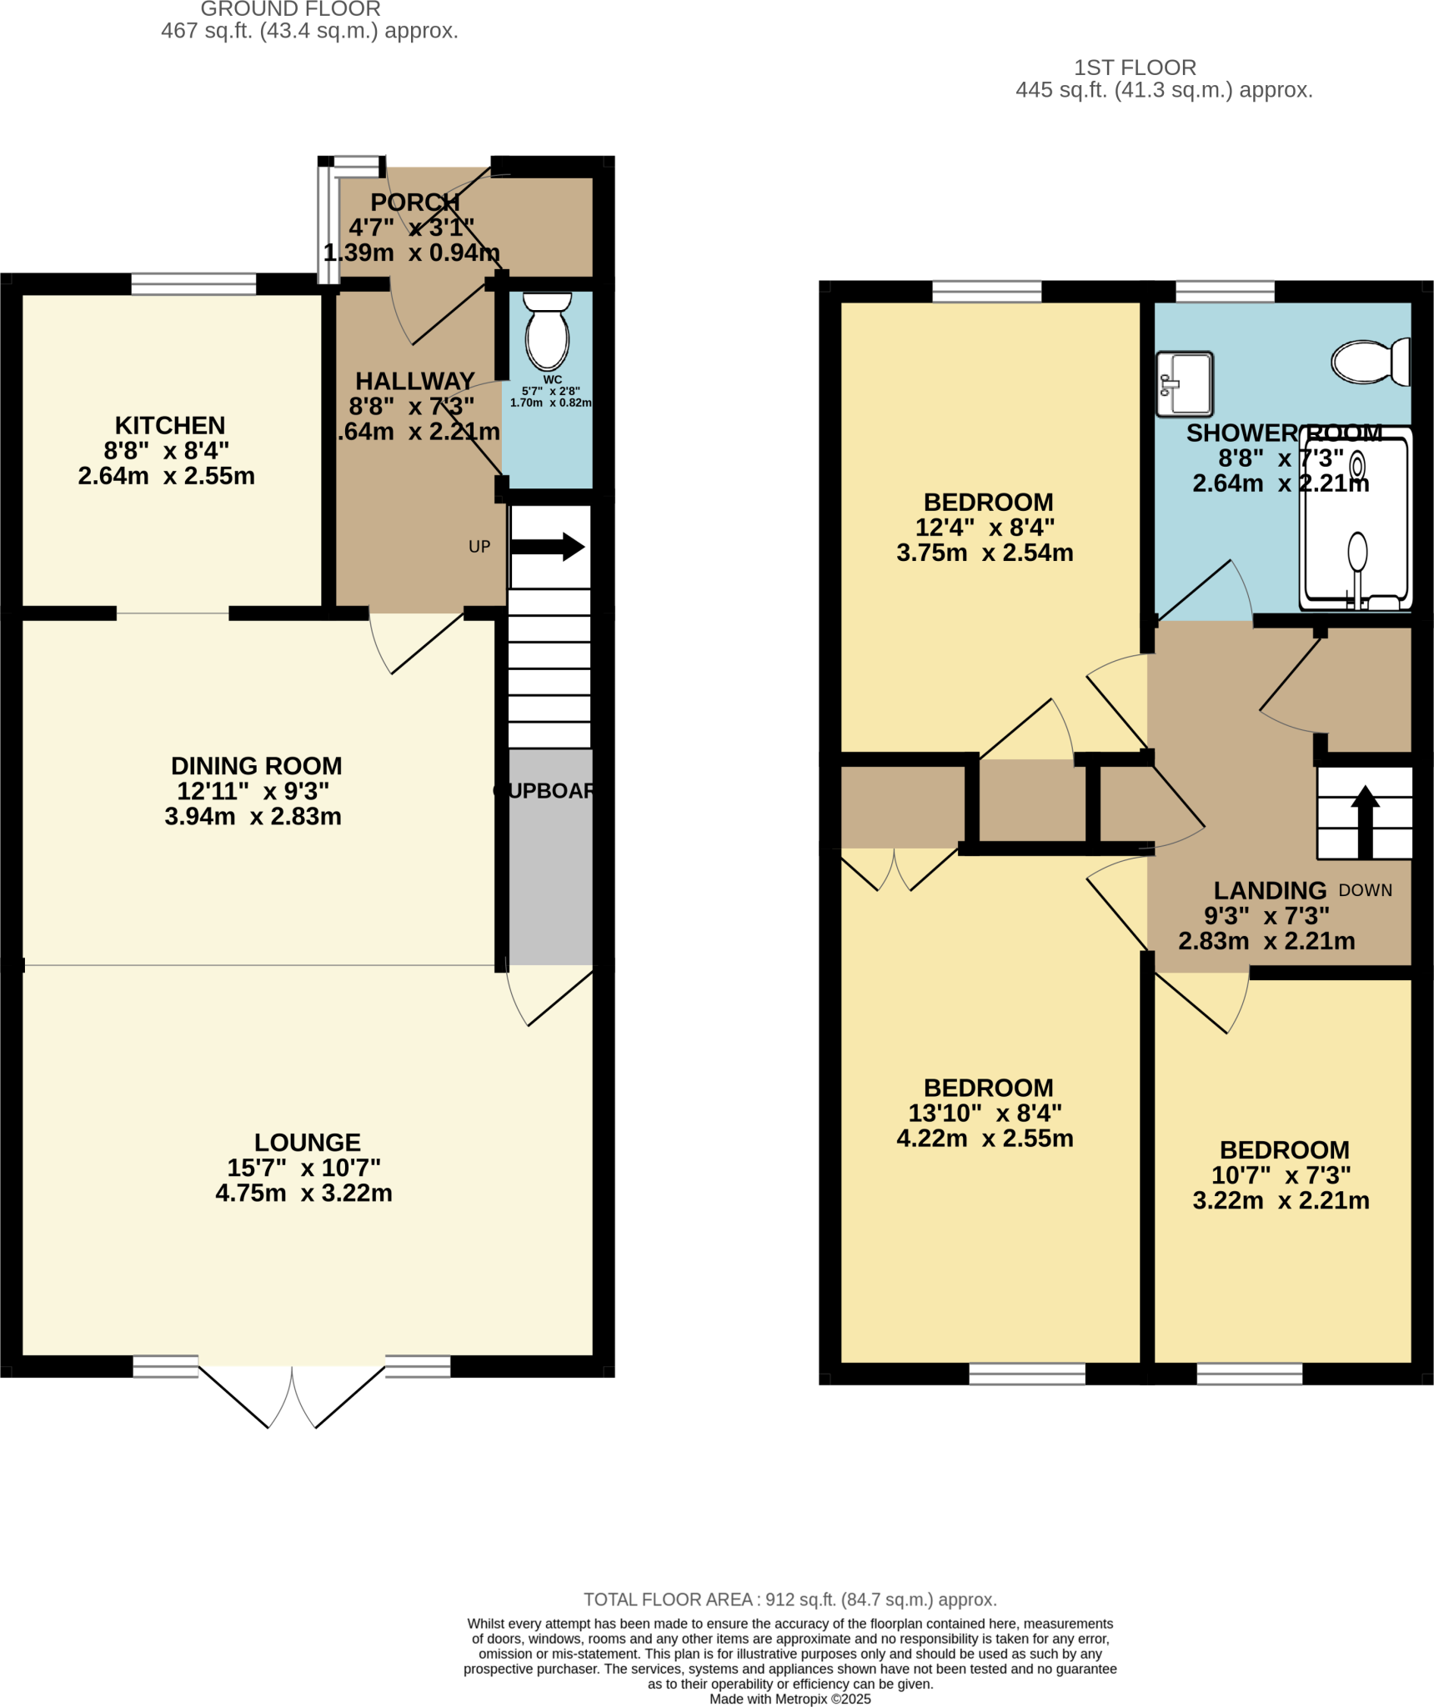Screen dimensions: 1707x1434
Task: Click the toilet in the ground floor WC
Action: [x=547, y=333]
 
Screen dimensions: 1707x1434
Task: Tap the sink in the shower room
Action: [x=1184, y=383]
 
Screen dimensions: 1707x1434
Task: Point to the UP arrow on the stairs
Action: [x=547, y=547]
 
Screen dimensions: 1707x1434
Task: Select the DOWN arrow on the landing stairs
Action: [x=1365, y=821]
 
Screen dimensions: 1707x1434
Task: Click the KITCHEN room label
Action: [x=170, y=425]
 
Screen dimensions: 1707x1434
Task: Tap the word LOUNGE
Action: [x=307, y=1142]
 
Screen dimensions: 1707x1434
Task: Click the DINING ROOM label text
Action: [x=256, y=765]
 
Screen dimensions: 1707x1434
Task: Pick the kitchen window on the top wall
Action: [x=193, y=283]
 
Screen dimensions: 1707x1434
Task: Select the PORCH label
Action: [x=414, y=202]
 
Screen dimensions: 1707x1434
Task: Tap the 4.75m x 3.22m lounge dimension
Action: [x=303, y=1193]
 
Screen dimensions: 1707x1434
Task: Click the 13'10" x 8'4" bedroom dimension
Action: [x=985, y=1113]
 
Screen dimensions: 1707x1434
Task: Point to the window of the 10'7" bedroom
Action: [x=1248, y=1373]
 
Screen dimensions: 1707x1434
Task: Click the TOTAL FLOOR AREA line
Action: [x=790, y=1599]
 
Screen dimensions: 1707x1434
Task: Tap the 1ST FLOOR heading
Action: [x=1134, y=68]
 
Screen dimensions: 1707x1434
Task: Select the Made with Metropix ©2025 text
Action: [x=790, y=1699]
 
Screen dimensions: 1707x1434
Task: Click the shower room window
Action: [x=1224, y=291]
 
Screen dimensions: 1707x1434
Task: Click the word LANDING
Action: [x=1269, y=890]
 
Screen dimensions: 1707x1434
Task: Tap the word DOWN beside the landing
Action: [x=1365, y=890]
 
